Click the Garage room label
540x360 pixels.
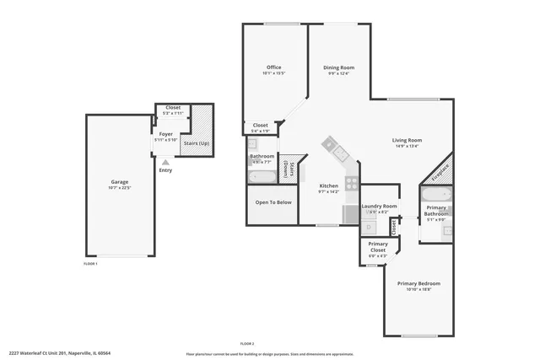(120, 182)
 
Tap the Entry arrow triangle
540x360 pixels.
(165, 162)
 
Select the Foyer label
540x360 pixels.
(165, 134)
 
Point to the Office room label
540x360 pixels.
(273, 67)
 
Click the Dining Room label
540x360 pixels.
(338, 67)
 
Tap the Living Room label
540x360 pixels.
(407, 140)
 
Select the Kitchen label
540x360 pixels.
(328, 185)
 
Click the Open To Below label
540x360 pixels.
(273, 202)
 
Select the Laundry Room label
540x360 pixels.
(379, 206)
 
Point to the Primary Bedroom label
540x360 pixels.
(418, 283)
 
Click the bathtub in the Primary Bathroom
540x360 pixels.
(436, 193)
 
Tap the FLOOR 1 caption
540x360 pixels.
(90, 264)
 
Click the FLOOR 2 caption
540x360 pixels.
(247, 343)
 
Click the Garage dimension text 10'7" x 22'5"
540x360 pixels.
(120, 188)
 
